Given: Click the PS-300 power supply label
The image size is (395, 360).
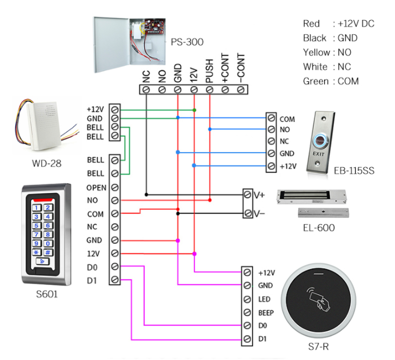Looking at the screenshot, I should (x=187, y=42).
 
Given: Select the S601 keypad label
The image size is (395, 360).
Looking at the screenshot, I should (x=46, y=295).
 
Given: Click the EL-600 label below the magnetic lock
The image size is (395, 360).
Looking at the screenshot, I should (x=319, y=228).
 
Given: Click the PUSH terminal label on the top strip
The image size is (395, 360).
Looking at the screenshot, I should (x=210, y=69).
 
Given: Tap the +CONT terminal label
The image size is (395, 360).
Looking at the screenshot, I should (x=226, y=68).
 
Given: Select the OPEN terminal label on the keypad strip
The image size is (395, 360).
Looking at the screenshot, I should (x=96, y=187).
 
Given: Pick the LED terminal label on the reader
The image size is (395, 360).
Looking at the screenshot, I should (x=264, y=299).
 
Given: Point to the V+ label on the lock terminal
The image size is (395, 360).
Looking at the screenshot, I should (x=260, y=195).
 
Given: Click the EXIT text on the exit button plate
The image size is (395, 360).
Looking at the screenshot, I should (x=318, y=154).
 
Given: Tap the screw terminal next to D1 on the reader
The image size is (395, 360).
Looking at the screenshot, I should (x=247, y=339).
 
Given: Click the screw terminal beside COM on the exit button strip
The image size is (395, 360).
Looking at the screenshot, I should (x=272, y=119).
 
